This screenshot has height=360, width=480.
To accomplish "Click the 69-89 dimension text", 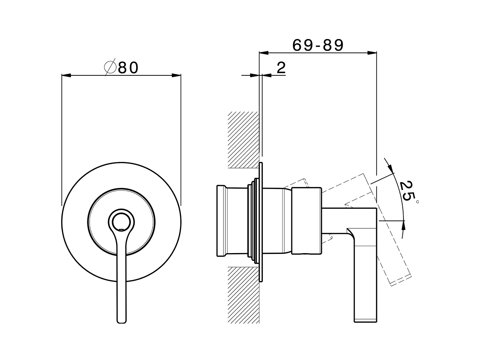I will click(x=318, y=45).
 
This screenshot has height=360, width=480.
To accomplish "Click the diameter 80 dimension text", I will click(x=128, y=68).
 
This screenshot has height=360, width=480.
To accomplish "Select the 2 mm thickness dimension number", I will click(x=281, y=68).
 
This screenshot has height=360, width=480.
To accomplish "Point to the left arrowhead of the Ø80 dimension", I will click(x=66, y=75).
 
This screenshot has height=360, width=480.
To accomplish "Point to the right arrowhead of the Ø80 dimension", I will click(x=177, y=75).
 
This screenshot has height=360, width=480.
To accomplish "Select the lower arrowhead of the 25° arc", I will click(x=403, y=226).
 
